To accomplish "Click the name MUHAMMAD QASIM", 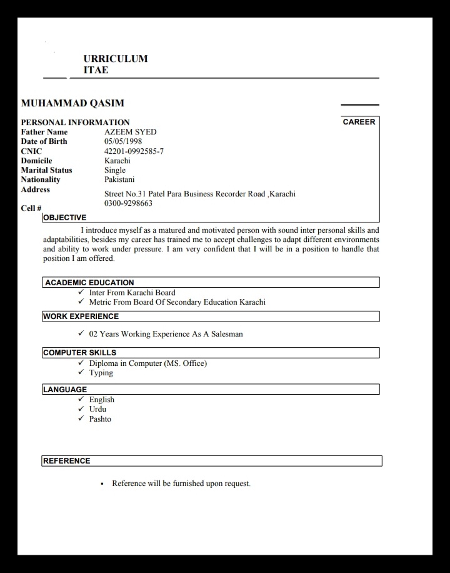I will (72, 104).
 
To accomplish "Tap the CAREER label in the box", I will (359, 122).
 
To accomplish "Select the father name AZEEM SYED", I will (130, 132).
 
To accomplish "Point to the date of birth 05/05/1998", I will (123, 141).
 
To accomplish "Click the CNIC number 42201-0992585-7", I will (134, 151).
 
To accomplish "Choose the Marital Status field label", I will (46, 170).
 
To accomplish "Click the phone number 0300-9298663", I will (128, 203).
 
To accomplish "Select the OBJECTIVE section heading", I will (64, 218).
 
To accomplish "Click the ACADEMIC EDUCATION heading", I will (89, 283).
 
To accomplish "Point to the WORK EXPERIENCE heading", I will (81, 317).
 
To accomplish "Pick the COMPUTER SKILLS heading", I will (79, 353).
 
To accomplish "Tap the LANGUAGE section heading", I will (65, 390).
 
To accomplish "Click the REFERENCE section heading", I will (66, 461).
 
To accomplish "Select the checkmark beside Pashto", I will (81, 418).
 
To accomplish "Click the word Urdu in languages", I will (97, 409).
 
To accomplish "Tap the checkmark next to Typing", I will (81, 373).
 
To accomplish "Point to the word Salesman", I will (227, 334).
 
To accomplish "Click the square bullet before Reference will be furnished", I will (102, 484).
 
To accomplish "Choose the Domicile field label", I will (36, 161).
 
